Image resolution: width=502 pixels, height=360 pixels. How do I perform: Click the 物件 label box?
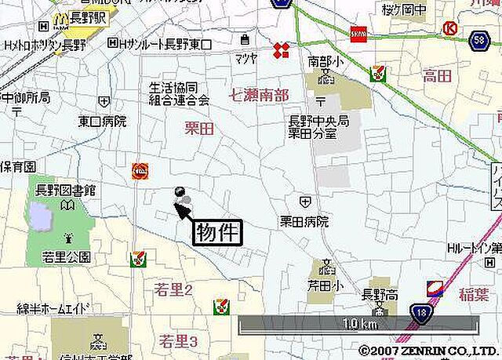pos(216,233)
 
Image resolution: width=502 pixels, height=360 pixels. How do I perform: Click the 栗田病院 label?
pos(304,222)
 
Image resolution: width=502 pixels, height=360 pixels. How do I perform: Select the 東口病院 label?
pos(102,122)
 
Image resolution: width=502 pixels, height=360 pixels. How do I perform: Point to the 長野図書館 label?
pos(66,191)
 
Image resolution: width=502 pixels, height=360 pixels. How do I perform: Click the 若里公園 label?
pos(67,256)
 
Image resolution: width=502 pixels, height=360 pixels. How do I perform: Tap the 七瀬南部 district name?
pos(259,96)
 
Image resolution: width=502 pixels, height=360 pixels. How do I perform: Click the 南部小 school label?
pos(325,60)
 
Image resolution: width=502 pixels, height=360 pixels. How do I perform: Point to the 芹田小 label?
pos(325,286)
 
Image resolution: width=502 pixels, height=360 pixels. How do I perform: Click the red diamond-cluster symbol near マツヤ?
pos(280,51)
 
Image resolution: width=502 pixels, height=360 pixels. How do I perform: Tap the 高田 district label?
pos(437,75)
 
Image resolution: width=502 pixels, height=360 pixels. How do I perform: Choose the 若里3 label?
pos(178,340)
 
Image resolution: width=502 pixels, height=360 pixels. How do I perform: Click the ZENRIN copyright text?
pos(428,351)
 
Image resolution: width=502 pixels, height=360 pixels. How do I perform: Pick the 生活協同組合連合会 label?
pos(180,94)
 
